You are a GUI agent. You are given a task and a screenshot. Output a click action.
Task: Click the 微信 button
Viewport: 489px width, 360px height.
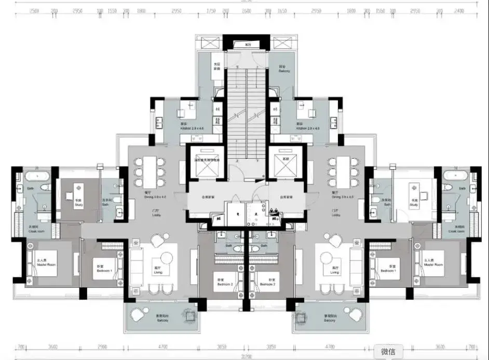tap(392, 352)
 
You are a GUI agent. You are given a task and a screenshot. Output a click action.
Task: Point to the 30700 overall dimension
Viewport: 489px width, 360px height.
tap(244, 357)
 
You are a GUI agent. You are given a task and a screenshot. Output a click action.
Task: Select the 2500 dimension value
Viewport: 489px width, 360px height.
tap(35, 10)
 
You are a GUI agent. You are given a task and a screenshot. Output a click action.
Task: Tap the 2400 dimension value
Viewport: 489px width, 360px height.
tap(459, 10)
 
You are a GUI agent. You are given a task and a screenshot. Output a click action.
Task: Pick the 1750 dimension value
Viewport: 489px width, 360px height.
tap(211, 10)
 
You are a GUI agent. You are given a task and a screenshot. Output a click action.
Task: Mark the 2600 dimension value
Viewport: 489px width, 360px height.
tap(246, 10)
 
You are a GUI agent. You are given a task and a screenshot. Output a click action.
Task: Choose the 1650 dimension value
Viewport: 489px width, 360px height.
tap(282, 10)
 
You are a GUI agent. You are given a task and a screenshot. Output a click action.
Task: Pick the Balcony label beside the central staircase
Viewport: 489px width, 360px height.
tap(284, 69)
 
